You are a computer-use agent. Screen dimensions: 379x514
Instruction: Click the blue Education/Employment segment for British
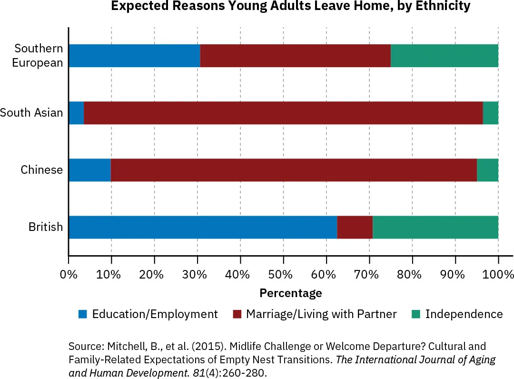[203, 227]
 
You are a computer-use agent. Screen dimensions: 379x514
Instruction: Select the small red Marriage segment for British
[355, 227]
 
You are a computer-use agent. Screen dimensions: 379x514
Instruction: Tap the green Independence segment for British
[435, 227]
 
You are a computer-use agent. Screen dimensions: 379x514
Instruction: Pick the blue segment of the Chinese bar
[89, 170]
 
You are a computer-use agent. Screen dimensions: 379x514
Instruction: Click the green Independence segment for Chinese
[487, 170]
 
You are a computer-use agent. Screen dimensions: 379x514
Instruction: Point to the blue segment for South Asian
[76, 113]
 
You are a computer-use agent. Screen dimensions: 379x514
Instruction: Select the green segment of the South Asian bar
[490, 113]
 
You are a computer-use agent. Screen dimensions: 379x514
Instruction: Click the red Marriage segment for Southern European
[295, 56]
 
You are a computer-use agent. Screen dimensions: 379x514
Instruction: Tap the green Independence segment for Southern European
[444, 56]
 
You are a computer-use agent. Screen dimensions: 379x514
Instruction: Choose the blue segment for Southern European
[134, 56]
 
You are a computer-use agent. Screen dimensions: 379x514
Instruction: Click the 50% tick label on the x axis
[283, 275]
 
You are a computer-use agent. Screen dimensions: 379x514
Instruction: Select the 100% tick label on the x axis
[498, 275]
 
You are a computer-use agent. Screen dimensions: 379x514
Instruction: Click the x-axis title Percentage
[290, 293]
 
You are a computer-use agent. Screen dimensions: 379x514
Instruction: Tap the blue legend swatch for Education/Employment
[83, 314]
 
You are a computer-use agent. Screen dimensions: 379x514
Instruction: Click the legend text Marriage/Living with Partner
[321, 314]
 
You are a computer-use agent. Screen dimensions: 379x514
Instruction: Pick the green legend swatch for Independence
[415, 314]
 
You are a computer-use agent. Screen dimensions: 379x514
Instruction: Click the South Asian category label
[31, 113]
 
